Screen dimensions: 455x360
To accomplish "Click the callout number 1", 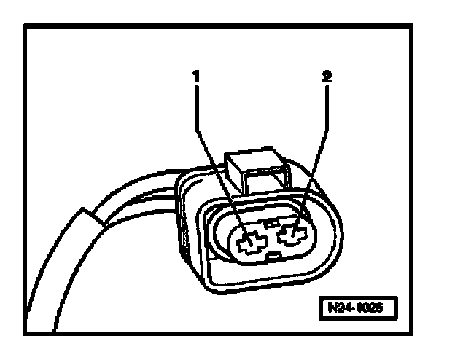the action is [x=196, y=74].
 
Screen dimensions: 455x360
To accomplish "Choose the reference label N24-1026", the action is [x=360, y=307].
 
